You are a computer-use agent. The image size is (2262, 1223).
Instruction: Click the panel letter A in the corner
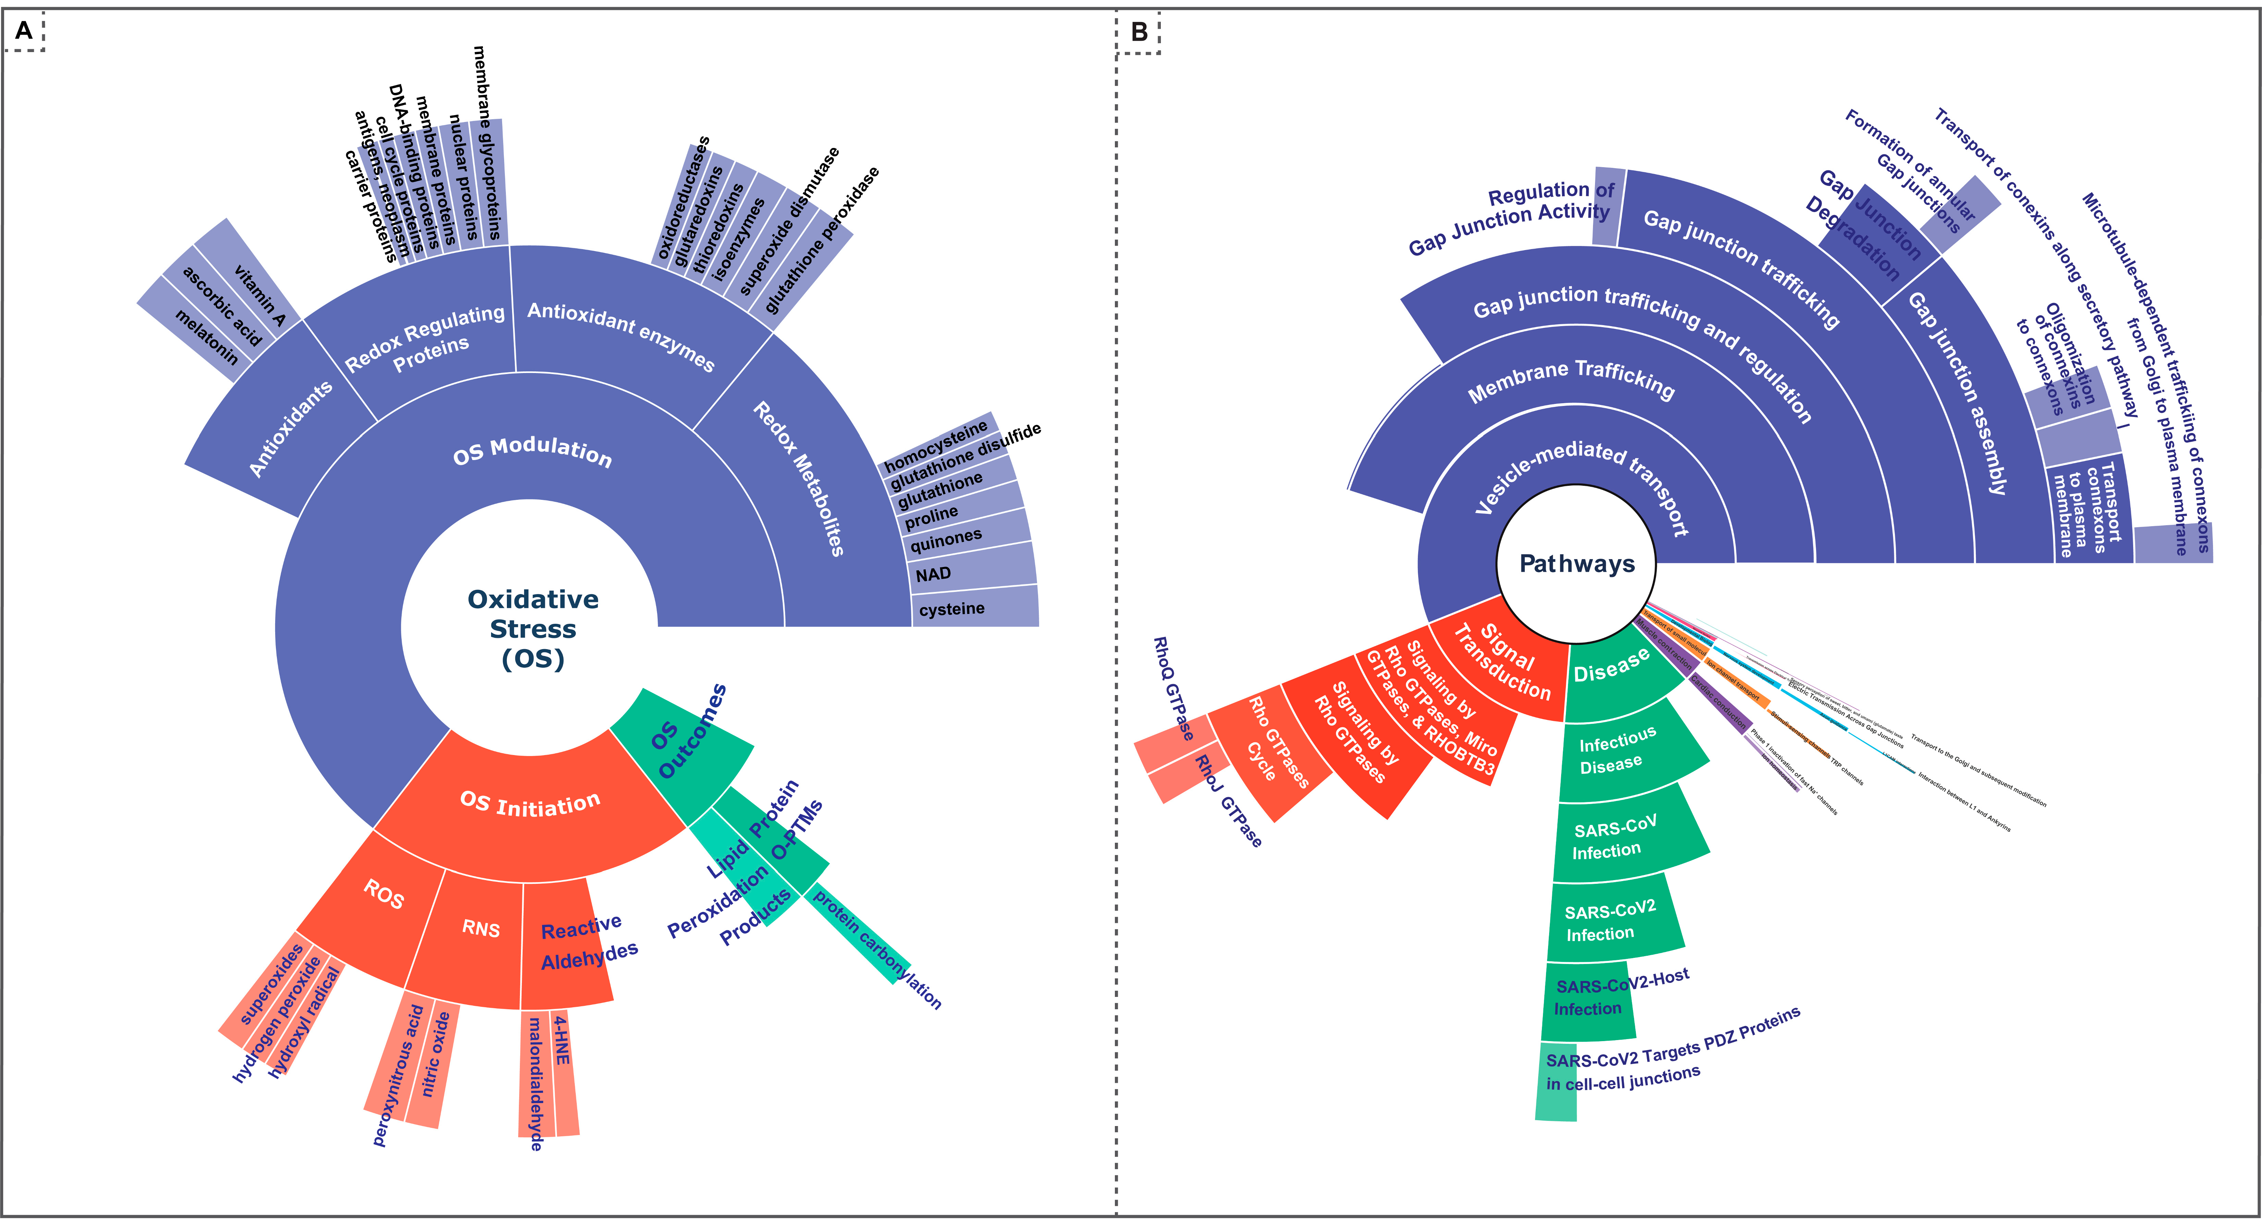tap(24, 32)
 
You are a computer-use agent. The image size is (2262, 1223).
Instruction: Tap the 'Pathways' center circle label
tap(1577, 564)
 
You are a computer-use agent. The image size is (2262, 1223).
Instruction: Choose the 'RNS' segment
tap(480, 929)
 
